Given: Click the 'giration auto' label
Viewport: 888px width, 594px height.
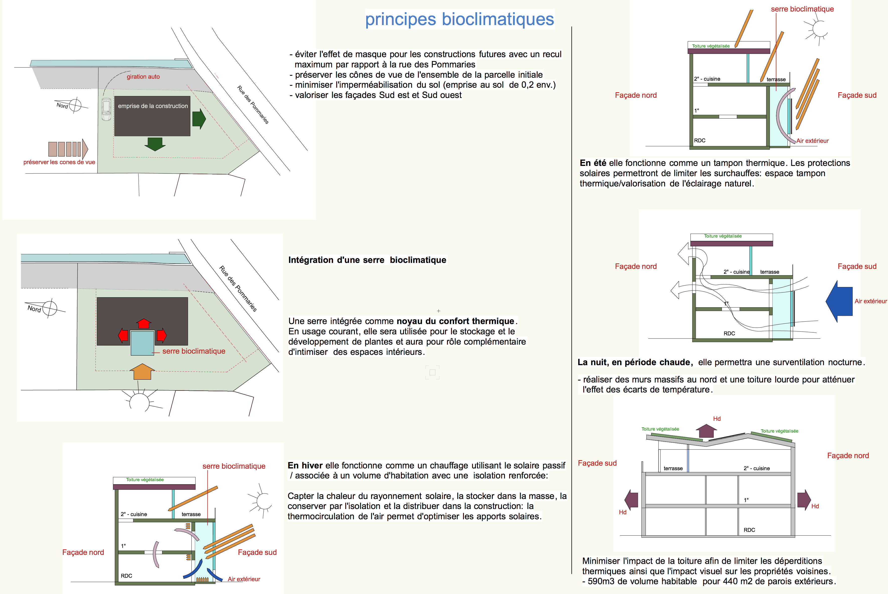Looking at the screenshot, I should point(143,76).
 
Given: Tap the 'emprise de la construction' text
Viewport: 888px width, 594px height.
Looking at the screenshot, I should point(153,106).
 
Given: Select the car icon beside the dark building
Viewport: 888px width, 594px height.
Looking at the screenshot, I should point(106,109).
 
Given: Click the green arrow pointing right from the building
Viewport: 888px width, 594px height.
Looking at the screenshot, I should point(199,119).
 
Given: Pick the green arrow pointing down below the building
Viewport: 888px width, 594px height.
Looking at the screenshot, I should point(155,144).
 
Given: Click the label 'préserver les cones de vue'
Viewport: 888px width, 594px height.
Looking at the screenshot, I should point(59,162).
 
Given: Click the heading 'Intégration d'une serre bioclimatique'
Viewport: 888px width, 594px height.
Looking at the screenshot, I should point(367,260).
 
